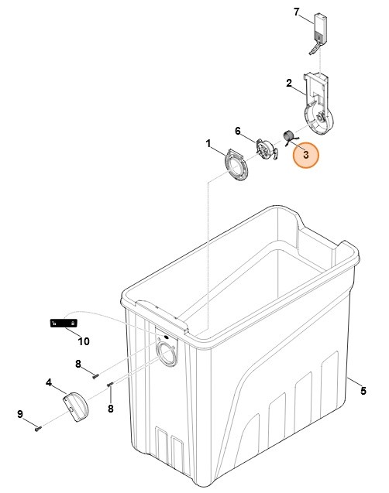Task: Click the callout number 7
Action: [297, 12]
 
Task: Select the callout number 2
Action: [289, 84]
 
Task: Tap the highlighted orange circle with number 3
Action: [306, 155]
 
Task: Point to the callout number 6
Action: [238, 131]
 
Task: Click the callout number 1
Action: [208, 144]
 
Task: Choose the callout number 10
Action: [84, 341]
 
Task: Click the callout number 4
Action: [49, 383]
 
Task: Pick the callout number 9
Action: [20, 414]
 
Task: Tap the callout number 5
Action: [363, 391]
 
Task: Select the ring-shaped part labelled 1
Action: [236, 166]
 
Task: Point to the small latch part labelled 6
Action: [267, 149]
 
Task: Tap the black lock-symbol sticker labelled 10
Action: [64, 323]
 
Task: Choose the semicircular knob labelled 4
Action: [76, 406]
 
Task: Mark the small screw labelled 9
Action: [39, 427]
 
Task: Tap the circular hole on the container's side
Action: [166, 354]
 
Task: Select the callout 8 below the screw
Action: [111, 409]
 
